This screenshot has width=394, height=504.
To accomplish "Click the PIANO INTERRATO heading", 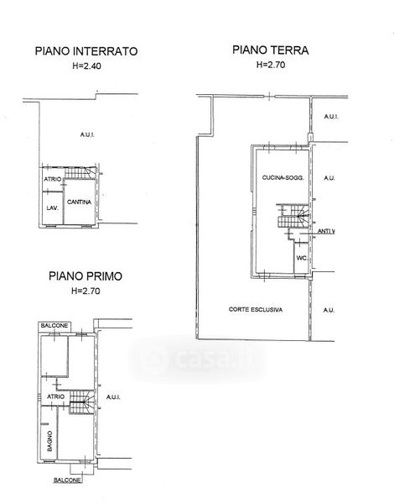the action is (86, 51).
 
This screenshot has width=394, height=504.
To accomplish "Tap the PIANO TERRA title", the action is (271, 50).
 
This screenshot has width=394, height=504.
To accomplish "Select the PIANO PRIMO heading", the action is (86, 276).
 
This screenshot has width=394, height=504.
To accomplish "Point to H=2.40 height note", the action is (86, 66).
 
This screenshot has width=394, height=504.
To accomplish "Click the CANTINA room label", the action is (79, 202).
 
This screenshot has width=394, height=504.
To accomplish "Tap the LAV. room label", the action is (52, 208).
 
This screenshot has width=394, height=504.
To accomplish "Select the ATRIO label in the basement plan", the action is (52, 179).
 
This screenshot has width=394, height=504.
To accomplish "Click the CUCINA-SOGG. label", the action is (283, 177).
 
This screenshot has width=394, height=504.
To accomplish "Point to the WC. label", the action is (302, 258).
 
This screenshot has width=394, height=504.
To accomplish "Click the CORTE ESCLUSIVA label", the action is (256, 309).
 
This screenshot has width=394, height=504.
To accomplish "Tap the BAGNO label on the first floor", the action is (49, 441).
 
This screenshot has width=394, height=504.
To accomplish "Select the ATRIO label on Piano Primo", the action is (56, 397).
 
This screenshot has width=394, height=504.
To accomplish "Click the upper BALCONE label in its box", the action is (54, 326).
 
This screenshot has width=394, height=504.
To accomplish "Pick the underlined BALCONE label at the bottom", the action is (67, 480).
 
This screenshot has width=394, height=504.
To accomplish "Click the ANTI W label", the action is (326, 231).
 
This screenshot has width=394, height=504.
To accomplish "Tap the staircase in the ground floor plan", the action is (293, 216).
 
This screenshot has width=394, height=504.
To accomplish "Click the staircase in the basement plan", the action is (80, 173).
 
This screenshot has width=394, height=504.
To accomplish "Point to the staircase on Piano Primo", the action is (82, 402).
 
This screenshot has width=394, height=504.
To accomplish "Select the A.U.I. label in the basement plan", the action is (87, 134).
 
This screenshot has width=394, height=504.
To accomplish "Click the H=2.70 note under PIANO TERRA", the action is (271, 65).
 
